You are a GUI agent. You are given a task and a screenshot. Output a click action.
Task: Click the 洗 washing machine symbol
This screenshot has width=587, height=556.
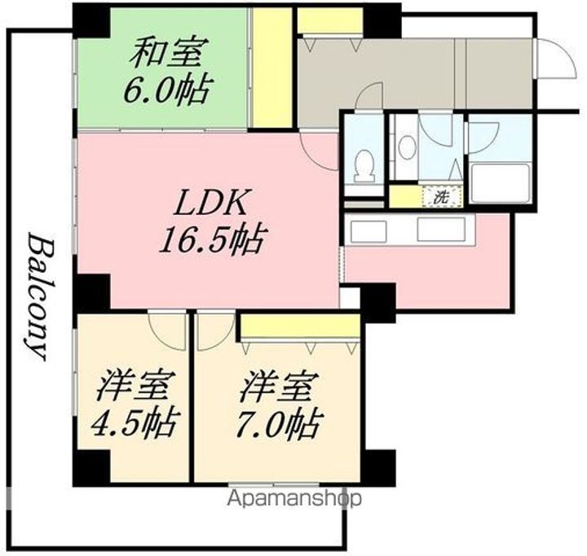coord(440,196)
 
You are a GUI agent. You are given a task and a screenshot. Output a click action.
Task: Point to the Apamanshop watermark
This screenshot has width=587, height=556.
coord(294,498)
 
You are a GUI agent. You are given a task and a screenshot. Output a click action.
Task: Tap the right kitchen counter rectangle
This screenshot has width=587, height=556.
coord(441,230)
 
